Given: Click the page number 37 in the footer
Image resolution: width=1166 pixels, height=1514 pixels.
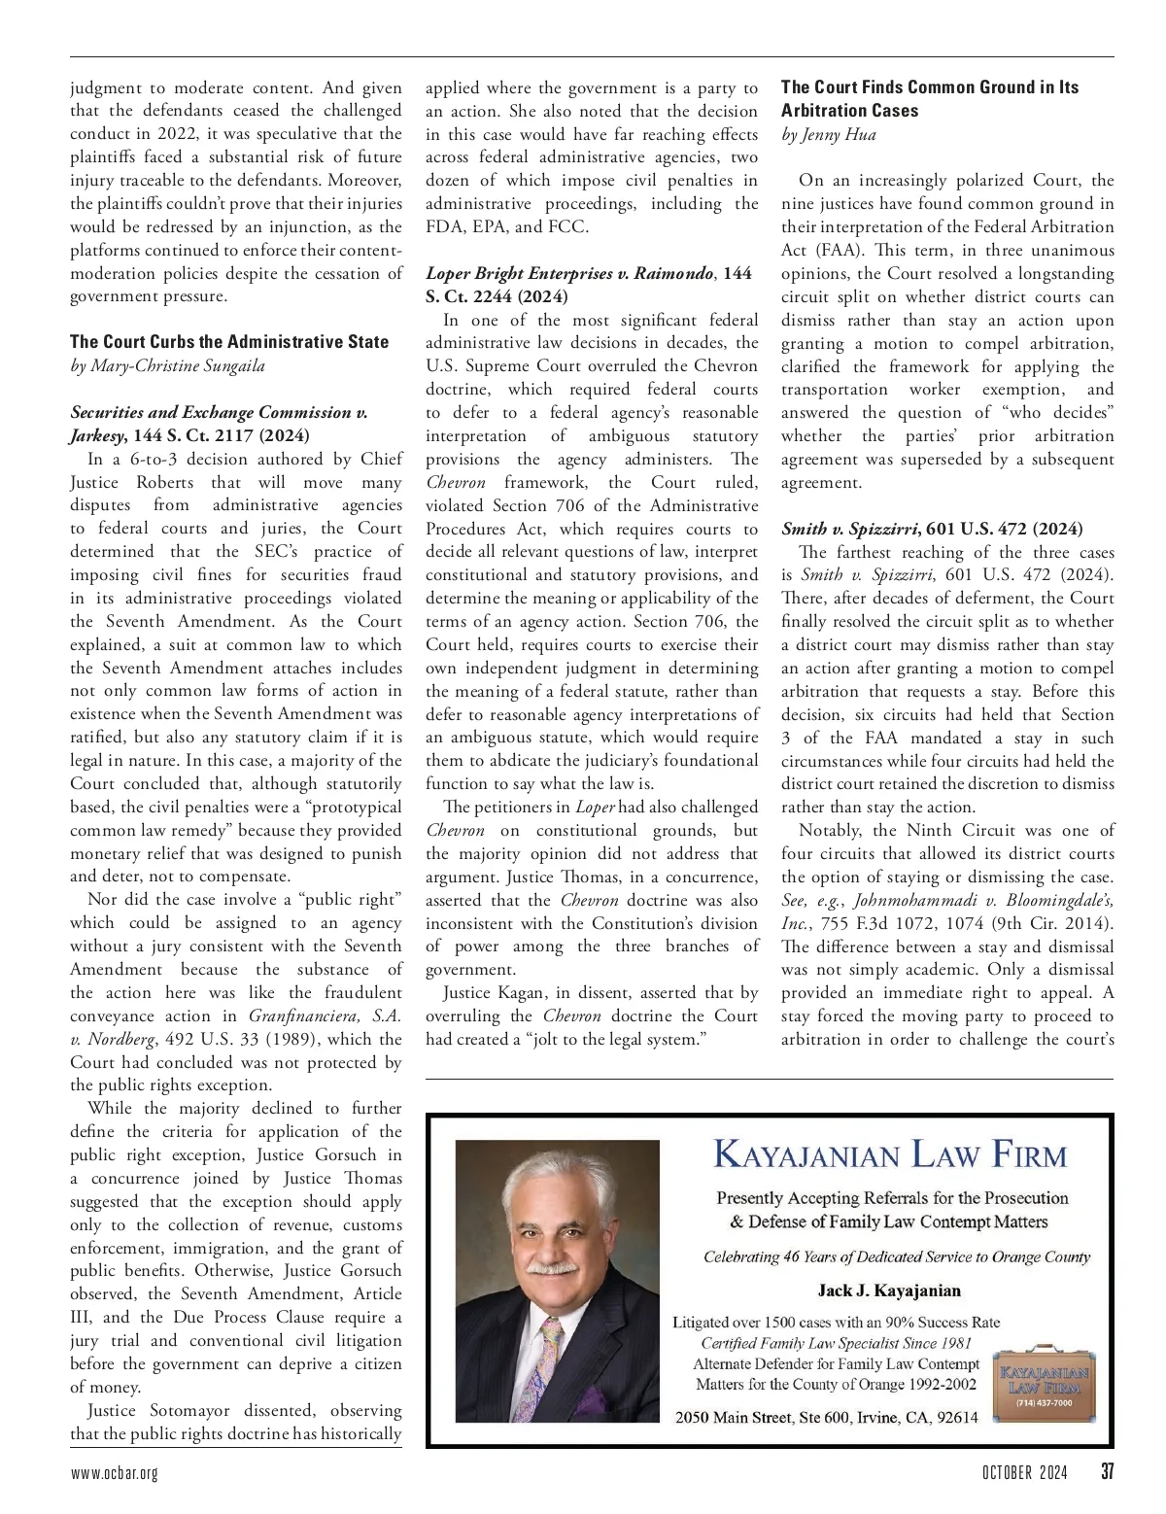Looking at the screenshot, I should point(1106,1471).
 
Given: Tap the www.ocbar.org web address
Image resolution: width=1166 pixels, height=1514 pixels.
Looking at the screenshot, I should point(114,1473).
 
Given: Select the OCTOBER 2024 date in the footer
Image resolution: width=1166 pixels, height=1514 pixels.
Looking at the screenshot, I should point(1024,1472).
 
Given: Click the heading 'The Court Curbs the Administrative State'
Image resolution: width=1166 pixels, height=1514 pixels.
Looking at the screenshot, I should point(229,342).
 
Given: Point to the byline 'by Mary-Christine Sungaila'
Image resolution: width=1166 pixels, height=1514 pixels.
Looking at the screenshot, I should point(167,365).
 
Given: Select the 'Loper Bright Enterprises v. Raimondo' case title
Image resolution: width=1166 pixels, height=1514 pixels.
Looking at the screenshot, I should point(568,274).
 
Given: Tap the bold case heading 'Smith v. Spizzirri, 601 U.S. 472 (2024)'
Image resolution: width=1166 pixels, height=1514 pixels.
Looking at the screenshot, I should point(932,529).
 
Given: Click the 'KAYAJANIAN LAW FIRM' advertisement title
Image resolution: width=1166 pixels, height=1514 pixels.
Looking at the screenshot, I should point(890,1154).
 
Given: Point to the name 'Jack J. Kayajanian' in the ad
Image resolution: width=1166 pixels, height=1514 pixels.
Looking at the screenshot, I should point(889,1290).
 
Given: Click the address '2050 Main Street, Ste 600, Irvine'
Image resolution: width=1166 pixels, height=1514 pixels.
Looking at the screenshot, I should point(826,1417).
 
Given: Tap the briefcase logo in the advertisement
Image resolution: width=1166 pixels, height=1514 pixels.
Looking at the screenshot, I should point(1044,1381).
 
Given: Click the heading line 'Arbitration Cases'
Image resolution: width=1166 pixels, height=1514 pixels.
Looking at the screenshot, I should point(849,111).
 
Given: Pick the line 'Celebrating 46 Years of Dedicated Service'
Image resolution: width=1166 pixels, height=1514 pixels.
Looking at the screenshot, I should point(896,1256).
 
